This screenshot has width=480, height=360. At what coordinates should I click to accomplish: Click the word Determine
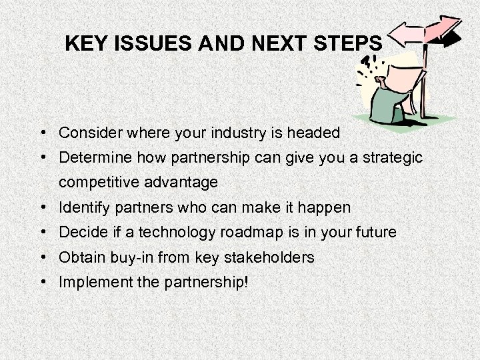91,157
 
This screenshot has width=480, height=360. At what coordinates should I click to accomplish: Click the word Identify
82,207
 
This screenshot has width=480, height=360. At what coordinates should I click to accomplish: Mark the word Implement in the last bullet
90,281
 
